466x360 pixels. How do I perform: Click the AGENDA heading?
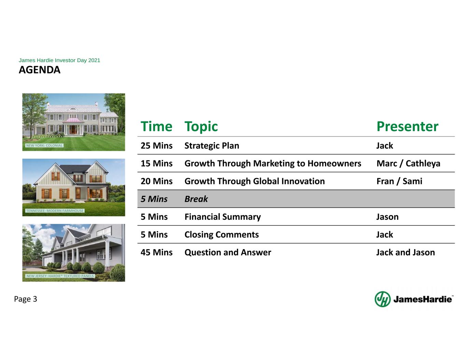40,70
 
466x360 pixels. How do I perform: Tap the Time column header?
156,126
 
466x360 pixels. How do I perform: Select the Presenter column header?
407,126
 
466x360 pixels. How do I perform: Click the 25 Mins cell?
157,146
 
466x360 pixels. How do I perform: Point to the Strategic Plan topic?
212,146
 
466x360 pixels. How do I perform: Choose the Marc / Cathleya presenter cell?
408,164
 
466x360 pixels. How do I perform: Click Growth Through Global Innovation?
255,182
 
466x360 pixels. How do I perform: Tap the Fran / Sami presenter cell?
399,181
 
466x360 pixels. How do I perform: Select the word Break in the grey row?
196,199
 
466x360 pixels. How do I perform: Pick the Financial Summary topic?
223,217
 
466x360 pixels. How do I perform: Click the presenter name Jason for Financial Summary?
387,217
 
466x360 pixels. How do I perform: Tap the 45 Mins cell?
157,253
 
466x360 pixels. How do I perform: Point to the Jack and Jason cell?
406,253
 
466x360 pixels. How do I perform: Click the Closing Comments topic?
222,235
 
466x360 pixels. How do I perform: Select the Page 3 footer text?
26,299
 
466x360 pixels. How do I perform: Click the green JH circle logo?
382,299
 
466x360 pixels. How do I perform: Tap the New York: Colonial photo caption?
44,145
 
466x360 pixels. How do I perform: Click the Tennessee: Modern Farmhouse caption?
55,211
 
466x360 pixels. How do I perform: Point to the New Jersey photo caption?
60,276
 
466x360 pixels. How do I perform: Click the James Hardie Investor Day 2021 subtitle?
59,60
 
